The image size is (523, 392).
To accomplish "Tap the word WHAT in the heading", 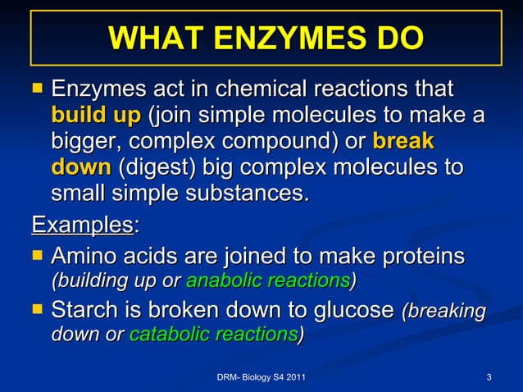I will [148, 38].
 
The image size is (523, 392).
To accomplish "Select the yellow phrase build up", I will [95, 115].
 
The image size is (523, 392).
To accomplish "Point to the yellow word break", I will [403, 141].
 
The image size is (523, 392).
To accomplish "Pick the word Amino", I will [90, 257].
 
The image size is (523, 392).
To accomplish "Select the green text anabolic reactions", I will [268, 280].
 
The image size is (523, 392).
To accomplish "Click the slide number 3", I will [489, 376].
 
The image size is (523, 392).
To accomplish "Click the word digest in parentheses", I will [156, 168].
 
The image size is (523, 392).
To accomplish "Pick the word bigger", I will [83, 141].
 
